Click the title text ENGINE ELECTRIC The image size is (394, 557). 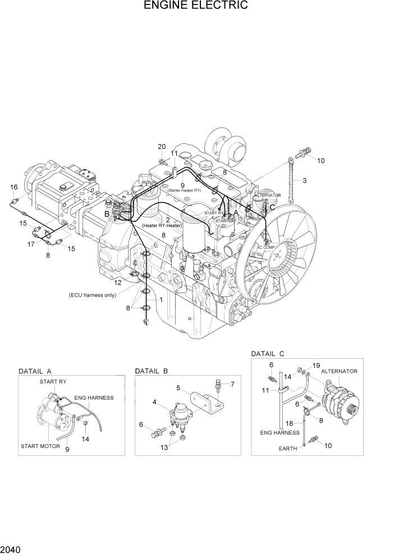[x=196, y=6]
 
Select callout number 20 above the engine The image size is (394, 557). [x=161, y=147]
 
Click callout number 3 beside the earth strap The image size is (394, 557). [x=304, y=181]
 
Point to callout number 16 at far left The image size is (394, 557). [x=13, y=187]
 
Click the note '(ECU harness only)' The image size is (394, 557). [x=93, y=295]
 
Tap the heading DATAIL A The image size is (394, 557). [x=35, y=371]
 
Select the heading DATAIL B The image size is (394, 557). [x=152, y=371]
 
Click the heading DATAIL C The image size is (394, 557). [x=268, y=354]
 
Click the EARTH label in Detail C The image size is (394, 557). [x=288, y=449]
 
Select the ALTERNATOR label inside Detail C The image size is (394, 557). [x=339, y=371]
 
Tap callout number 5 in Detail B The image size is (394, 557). [x=178, y=387]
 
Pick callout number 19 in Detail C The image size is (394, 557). [x=316, y=366]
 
